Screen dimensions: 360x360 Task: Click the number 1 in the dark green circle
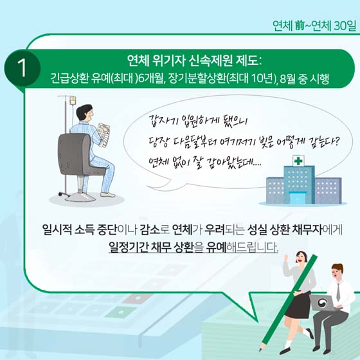click(22, 68)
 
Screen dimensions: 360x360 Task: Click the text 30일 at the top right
click(345, 26)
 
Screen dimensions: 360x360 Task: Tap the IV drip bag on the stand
click(73, 100)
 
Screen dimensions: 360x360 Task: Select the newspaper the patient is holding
click(104, 134)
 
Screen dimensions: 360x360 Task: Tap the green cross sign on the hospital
click(298, 161)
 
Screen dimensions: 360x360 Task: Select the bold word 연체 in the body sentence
click(182, 230)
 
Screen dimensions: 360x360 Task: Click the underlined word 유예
click(216, 247)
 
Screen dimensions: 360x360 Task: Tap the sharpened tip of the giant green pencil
click(260, 350)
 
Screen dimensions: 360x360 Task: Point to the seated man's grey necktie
click(338, 292)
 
